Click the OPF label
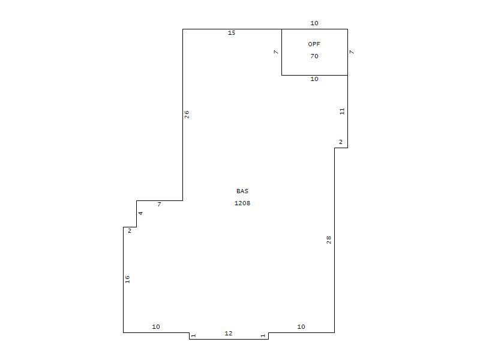tap(314, 44)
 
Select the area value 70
tap(314, 56)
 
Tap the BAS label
tap(242, 191)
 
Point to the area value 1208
tap(242, 203)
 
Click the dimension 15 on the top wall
tap(232, 33)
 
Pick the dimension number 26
tap(187, 115)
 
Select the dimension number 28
tap(329, 239)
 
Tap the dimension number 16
tap(127, 279)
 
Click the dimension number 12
tap(229, 333)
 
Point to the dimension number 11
tap(342, 111)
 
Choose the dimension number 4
tap(140, 213)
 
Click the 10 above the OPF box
tap(314, 23)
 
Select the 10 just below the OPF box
tap(314, 79)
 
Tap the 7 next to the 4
tap(159, 204)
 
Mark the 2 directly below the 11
tap(341, 142)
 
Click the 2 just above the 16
tap(130, 230)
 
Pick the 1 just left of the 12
tap(193, 336)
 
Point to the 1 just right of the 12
tap(263, 336)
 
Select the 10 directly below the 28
tap(301, 326)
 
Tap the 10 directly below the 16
tap(156, 326)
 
